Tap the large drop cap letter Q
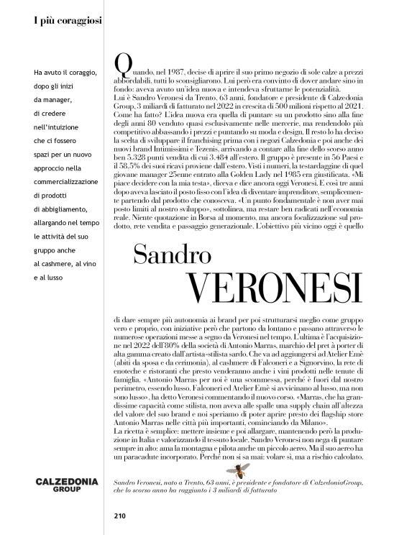click(x=123, y=65)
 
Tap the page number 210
click(x=119, y=515)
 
